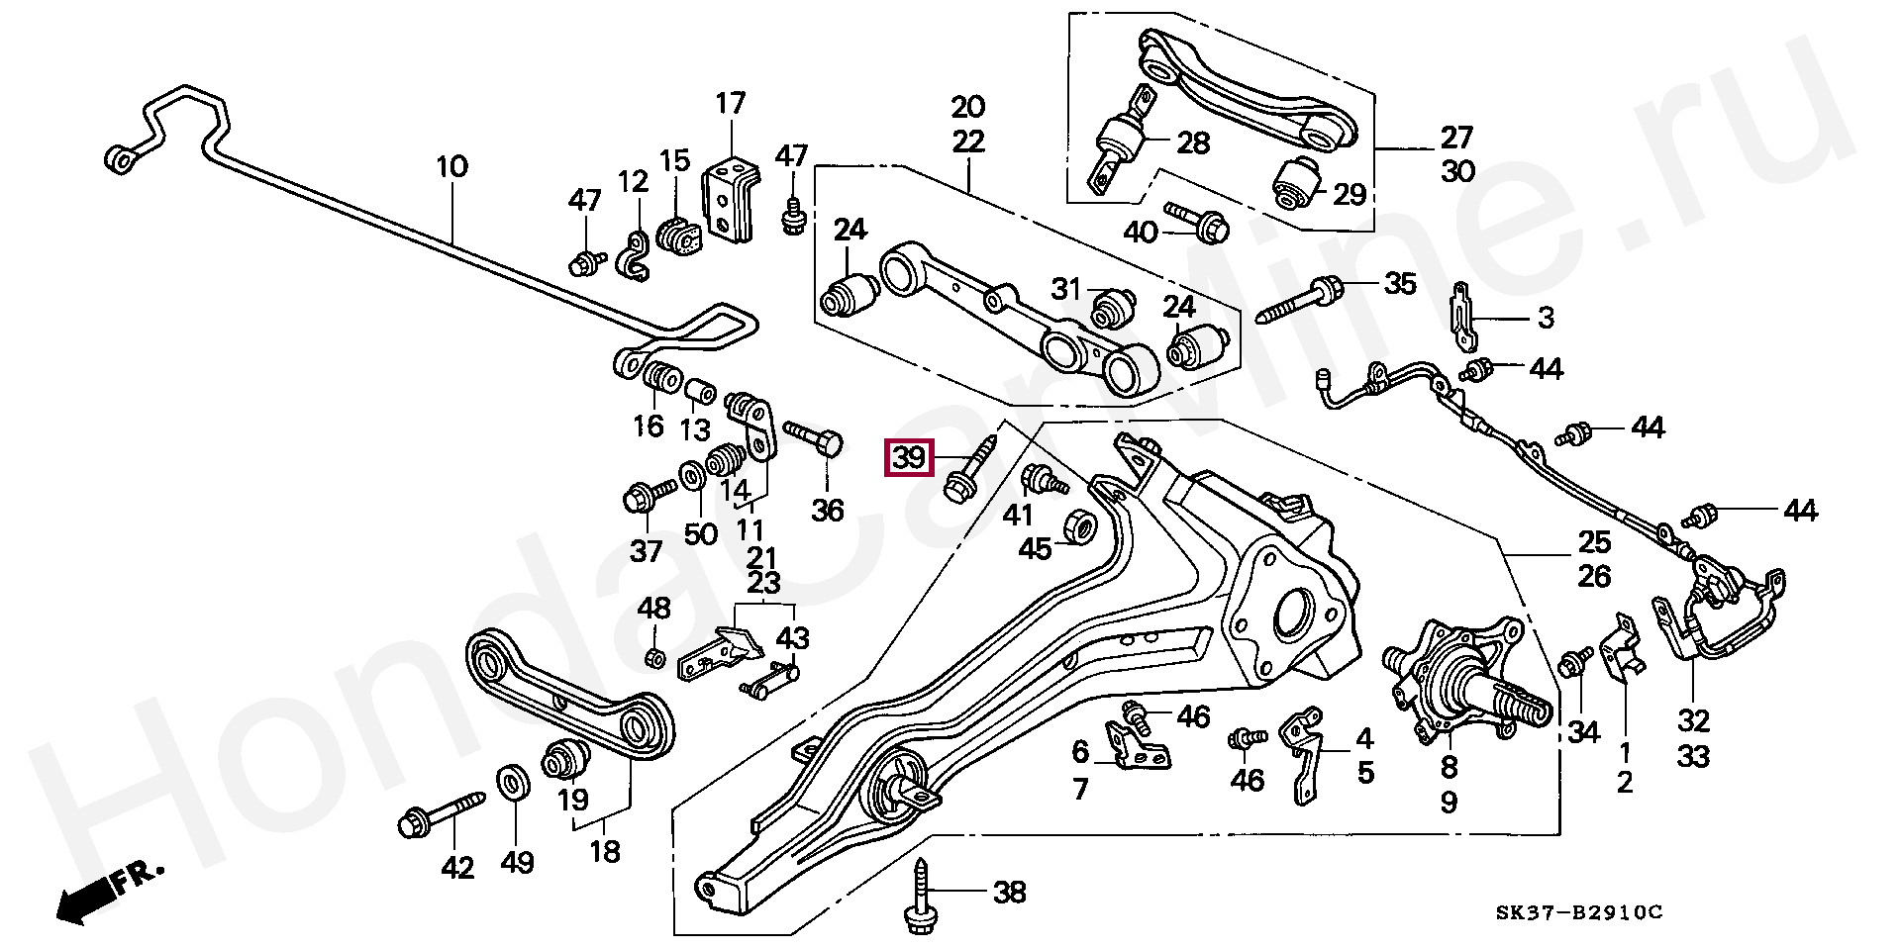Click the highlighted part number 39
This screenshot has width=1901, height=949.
pyautogui.click(x=909, y=458)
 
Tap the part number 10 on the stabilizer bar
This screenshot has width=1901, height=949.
pyautogui.click(x=451, y=166)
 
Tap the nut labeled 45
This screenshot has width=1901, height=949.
pyautogui.click(x=1079, y=525)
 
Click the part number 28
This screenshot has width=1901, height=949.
pyautogui.click(x=1192, y=142)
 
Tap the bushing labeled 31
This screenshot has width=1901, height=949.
pyautogui.click(x=1113, y=307)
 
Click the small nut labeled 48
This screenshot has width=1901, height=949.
pyautogui.click(x=652, y=657)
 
